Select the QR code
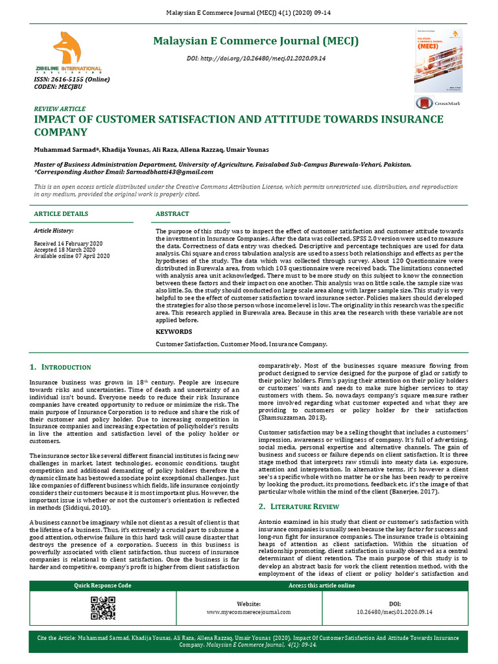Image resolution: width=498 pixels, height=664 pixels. pos(103,608)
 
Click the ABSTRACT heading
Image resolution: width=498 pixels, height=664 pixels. pos(172,214)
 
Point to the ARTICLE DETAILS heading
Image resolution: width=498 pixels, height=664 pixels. pos(61,214)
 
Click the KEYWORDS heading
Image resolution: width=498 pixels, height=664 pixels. pos(174,331)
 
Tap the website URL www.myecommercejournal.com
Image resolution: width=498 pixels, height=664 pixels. pos(248,611)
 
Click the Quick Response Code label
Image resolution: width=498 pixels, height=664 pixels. pos(102,586)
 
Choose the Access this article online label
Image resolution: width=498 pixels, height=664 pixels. pos(322,586)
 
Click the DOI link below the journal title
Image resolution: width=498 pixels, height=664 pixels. pos(255,58)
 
